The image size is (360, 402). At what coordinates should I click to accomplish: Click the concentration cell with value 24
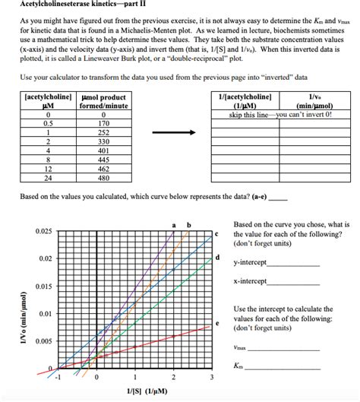pyautogui.click(x=49, y=179)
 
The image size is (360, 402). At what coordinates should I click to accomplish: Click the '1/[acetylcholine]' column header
pyautogui.click(x=245, y=101)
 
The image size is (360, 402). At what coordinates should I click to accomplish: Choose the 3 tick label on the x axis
pyautogui.click(x=212, y=378)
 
